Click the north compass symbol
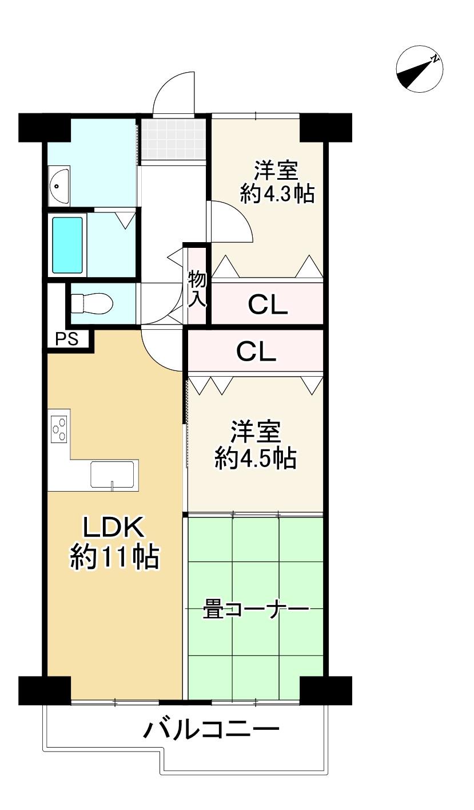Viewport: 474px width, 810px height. point(420,69)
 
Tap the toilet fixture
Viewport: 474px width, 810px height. point(91,303)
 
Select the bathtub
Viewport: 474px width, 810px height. point(67,245)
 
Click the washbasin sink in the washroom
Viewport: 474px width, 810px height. point(59,185)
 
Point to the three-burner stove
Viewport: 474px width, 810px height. point(59,429)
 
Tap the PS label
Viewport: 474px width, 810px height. point(67,339)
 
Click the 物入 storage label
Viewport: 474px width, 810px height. point(197,290)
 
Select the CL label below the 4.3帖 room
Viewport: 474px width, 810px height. point(268,305)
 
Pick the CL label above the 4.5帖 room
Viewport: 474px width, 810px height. point(256,351)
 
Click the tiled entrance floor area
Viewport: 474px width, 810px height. point(173,139)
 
